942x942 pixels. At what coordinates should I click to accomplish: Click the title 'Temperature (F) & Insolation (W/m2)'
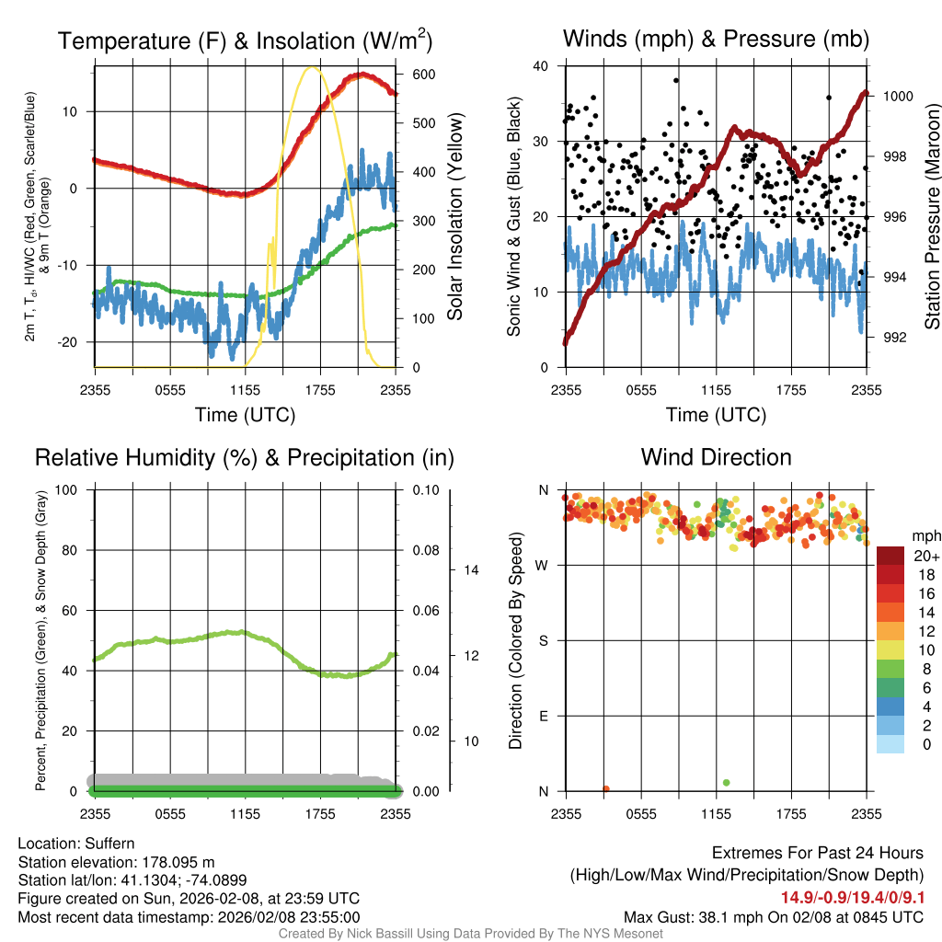tap(245, 40)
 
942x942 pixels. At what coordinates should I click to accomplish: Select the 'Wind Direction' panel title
tap(716, 457)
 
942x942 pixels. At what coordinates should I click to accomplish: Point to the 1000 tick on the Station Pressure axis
tap(896, 96)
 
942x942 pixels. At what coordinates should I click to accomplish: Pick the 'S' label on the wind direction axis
tap(542, 640)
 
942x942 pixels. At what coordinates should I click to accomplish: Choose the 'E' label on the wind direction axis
tap(542, 716)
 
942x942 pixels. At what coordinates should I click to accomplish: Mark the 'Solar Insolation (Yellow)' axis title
tap(455, 217)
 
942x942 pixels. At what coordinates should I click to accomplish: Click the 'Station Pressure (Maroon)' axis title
tap(932, 217)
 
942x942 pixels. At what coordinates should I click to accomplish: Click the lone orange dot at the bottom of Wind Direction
tap(606, 788)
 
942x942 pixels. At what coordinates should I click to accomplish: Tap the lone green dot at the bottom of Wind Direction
tap(727, 783)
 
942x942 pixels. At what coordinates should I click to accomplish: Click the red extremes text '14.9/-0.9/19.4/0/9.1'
tap(853, 898)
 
